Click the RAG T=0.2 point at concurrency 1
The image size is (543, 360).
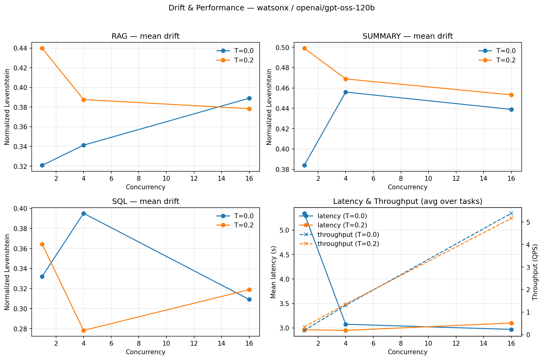click(x=42, y=48)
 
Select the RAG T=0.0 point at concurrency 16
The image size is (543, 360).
click(x=249, y=98)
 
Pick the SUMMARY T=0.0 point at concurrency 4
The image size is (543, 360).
click(x=346, y=92)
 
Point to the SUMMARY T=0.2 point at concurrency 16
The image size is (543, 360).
click(x=511, y=95)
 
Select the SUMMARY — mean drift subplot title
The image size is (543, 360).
click(x=407, y=37)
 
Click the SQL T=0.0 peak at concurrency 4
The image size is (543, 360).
click(x=83, y=213)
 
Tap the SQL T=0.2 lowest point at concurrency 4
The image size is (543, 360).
click(x=83, y=330)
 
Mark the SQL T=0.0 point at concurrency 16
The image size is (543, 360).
click(x=249, y=299)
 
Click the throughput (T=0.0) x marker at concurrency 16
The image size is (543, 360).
click(x=511, y=213)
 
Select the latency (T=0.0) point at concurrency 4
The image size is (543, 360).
click(x=346, y=324)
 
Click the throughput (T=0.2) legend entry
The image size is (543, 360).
click(x=348, y=244)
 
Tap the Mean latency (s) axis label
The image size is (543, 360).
click(x=273, y=272)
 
